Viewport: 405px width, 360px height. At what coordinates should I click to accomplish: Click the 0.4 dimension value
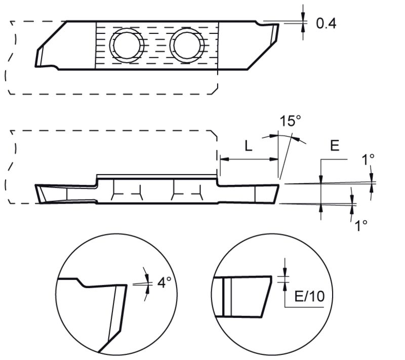click(x=326, y=23)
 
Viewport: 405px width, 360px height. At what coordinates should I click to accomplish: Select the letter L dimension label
click(x=248, y=146)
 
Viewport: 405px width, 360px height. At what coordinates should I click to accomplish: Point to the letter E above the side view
click(x=334, y=146)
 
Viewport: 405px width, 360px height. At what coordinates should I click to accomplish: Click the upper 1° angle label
click(x=368, y=159)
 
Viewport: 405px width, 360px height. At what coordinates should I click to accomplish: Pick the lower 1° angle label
click(x=361, y=225)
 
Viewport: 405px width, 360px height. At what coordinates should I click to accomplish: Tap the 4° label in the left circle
click(x=163, y=283)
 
